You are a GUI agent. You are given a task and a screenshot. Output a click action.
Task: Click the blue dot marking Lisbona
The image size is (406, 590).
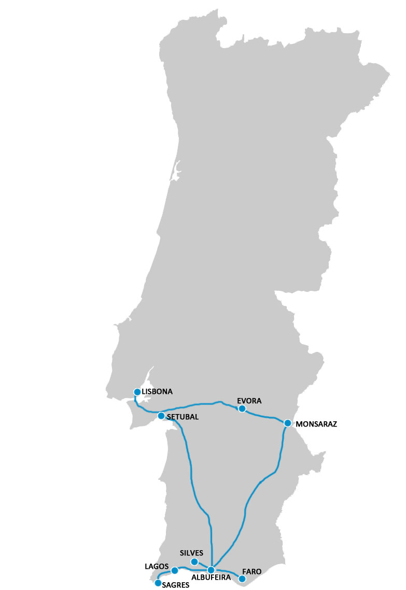point(137,392)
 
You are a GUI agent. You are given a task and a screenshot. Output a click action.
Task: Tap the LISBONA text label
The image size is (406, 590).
point(157,391)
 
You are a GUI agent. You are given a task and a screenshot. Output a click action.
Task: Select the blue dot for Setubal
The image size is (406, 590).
point(161,416)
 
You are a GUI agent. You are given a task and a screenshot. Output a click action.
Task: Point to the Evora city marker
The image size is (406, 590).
point(242,408)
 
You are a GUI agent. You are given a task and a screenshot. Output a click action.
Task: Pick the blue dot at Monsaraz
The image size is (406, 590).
point(288,423)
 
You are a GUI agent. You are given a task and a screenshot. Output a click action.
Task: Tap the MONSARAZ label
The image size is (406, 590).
point(316,424)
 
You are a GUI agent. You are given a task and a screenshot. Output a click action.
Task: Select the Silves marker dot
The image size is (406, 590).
point(194,562)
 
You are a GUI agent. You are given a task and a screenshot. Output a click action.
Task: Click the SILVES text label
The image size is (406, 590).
point(191,553)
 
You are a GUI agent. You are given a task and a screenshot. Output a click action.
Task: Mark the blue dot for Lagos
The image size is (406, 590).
point(175,570)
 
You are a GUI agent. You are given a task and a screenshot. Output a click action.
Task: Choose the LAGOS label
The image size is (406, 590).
point(156,566)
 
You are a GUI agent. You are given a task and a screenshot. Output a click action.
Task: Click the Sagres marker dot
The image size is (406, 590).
point(158,583)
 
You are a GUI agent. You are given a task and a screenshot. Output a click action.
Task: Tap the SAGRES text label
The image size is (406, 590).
point(176,585)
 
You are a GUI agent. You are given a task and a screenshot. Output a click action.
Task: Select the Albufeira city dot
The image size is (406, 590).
point(211,570)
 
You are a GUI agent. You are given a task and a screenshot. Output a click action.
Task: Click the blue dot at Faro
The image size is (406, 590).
point(242,579)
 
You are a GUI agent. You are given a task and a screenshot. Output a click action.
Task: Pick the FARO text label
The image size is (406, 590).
point(252,571)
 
